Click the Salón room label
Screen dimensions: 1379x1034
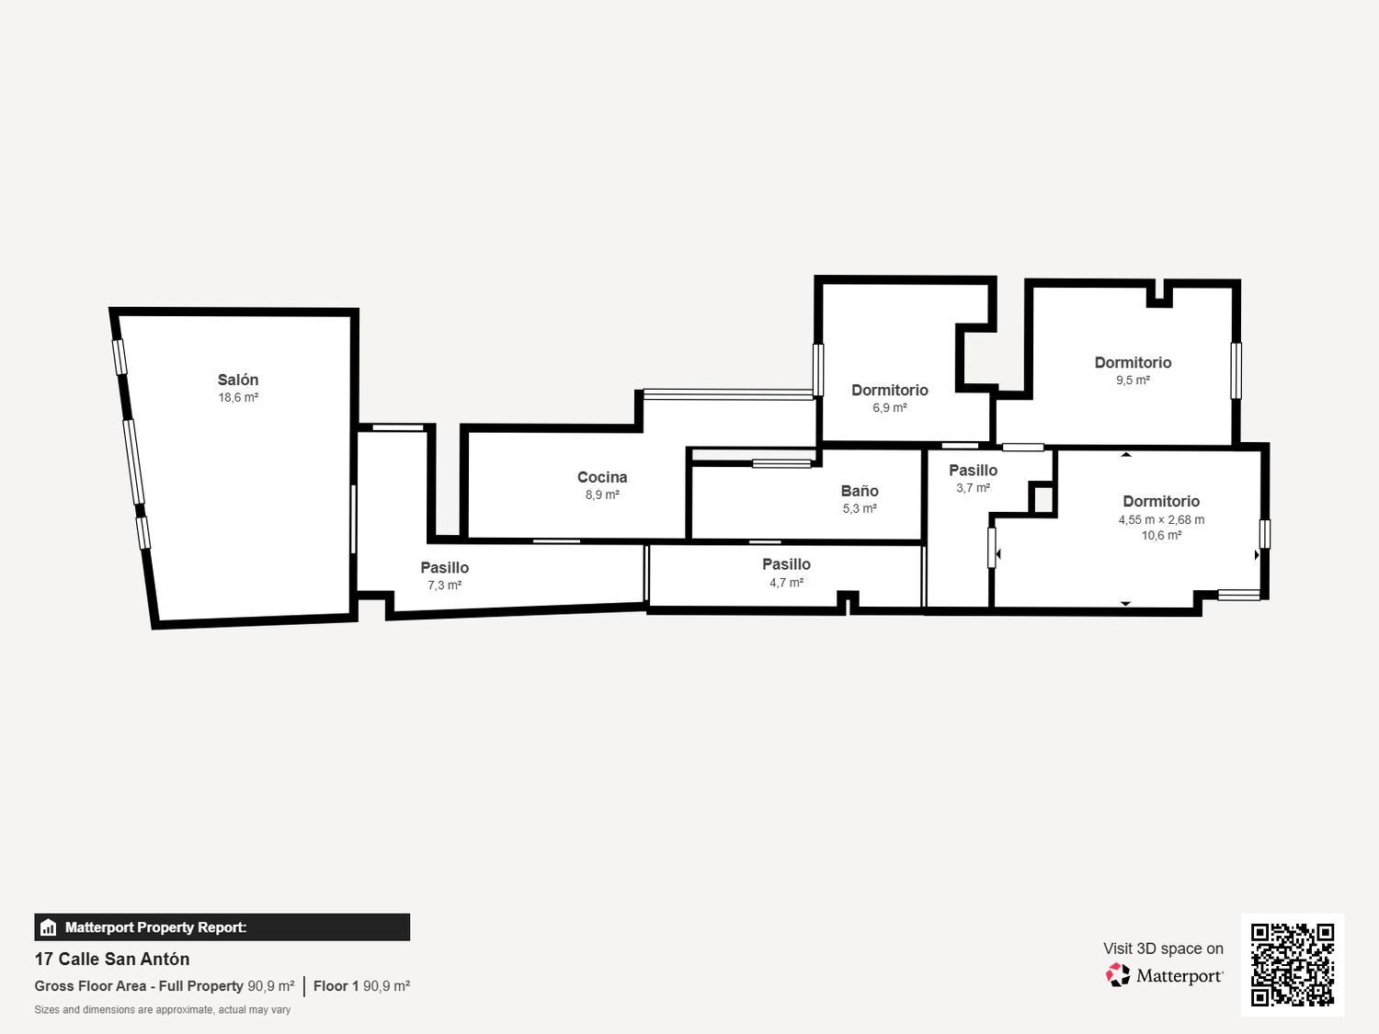click(x=238, y=380)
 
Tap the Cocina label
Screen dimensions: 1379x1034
click(x=602, y=477)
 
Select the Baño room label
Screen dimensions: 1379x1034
click(x=860, y=491)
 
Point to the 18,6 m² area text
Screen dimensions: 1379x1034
click(x=238, y=397)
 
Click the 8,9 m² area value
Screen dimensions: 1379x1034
click(x=602, y=494)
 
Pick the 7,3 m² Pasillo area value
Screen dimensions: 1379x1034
click(x=445, y=585)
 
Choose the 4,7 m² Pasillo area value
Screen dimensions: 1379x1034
click(x=787, y=582)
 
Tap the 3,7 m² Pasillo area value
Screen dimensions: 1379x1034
click(x=974, y=488)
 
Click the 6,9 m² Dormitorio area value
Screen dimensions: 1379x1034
click(x=890, y=407)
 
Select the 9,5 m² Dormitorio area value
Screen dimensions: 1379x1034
click(x=1133, y=380)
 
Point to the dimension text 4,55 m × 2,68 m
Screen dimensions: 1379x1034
click(x=1161, y=519)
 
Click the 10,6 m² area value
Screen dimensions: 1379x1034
click(x=1161, y=536)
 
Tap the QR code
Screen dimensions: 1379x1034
click(x=1293, y=964)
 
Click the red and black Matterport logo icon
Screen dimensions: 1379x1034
click(x=1118, y=975)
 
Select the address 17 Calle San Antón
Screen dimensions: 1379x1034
click(x=112, y=959)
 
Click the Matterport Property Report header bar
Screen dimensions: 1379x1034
click(x=222, y=926)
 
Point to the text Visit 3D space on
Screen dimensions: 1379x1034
click(x=1163, y=948)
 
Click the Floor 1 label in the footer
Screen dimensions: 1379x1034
click(x=336, y=985)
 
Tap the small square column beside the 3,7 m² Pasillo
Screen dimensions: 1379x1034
click(x=1043, y=499)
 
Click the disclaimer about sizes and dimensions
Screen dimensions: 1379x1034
click(x=162, y=1009)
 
